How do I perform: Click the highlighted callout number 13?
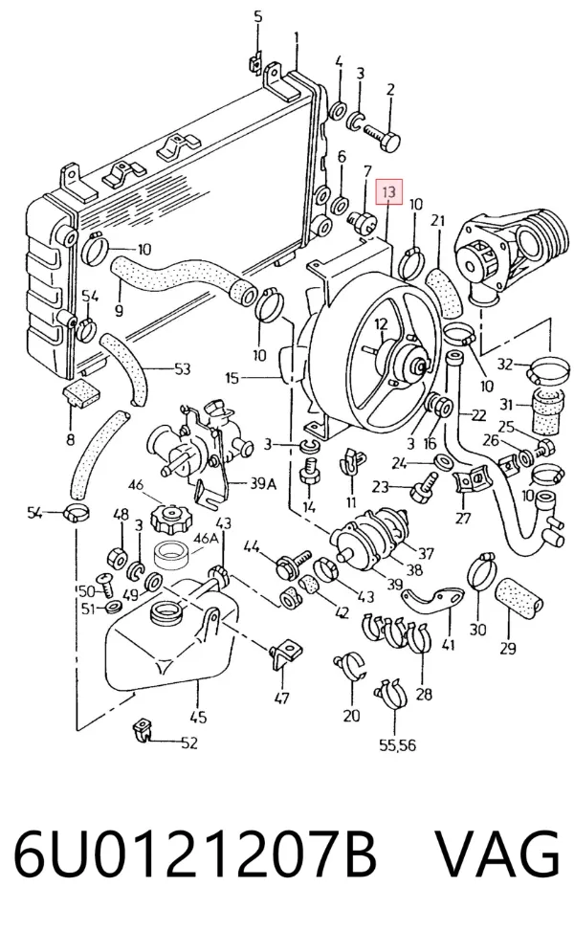coord(388,191)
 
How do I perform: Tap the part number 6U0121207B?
coord(195,855)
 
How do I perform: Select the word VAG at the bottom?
coord(498,855)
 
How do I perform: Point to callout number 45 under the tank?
coord(198,717)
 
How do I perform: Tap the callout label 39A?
coord(262,484)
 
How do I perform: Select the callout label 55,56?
coord(397,744)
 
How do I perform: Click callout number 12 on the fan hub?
coord(381,324)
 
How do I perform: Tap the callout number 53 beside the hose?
coord(182,368)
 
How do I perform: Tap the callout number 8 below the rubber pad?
coord(71,440)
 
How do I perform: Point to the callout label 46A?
coord(206,539)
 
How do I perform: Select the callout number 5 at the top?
coord(257,16)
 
